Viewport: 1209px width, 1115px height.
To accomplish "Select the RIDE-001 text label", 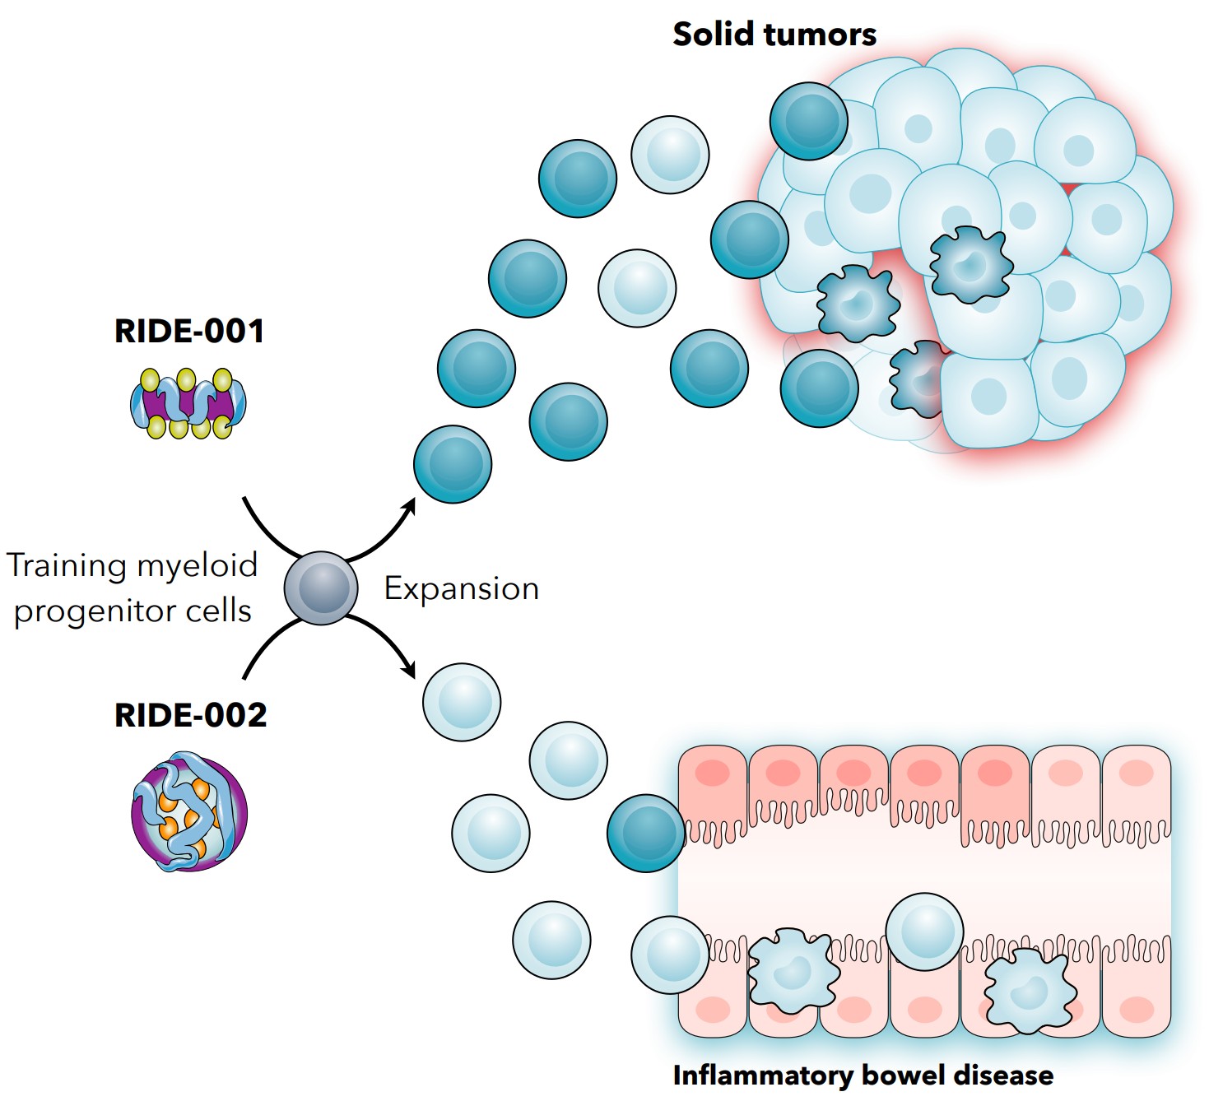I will (189, 332).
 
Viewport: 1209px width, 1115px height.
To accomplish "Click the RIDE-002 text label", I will (190, 715).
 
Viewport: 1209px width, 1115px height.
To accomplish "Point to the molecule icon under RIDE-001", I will (188, 404).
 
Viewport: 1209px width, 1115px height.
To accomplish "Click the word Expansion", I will (461, 589).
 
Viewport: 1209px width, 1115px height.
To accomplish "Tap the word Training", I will (66, 566).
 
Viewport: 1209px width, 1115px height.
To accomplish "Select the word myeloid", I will (198, 566).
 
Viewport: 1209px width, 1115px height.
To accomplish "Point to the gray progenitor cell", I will (321, 588).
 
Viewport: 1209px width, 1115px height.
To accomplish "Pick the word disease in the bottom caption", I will (1003, 1076).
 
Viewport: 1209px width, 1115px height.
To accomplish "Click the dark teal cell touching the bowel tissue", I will (646, 833).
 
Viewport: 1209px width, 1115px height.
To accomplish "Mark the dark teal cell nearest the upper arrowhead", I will (453, 464).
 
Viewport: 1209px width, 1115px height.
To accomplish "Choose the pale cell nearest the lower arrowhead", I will (462, 702).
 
